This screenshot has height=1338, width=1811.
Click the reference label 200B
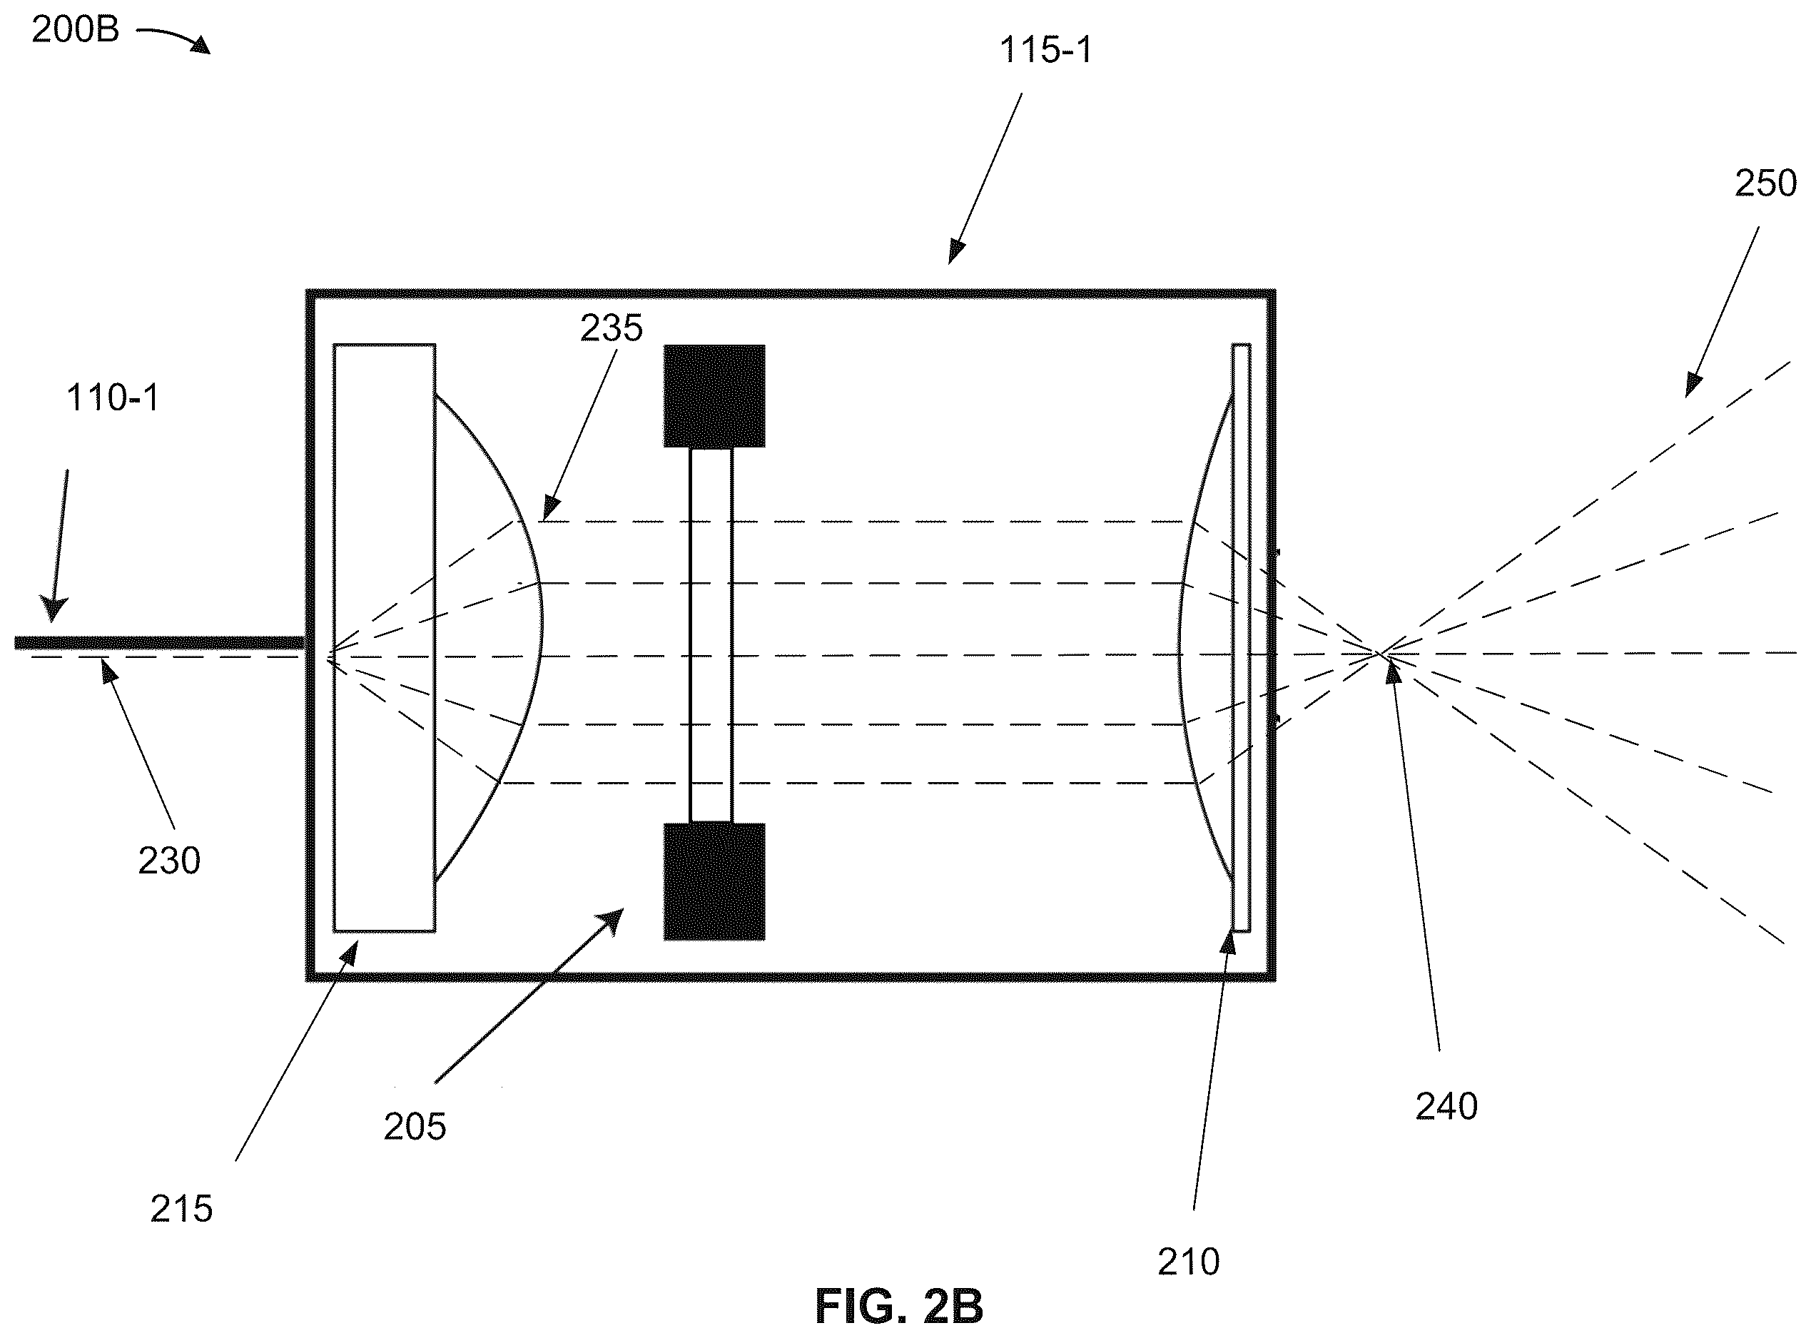tap(76, 30)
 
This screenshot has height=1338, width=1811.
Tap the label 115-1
tap(1045, 50)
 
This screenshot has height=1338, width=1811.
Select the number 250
tap(1765, 184)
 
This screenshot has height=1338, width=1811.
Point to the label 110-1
tap(113, 397)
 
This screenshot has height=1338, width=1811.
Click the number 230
tap(169, 861)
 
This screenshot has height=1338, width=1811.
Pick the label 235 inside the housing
tap(612, 328)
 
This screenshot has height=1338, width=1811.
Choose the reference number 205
tap(415, 1127)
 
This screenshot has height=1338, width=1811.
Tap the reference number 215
tap(181, 1210)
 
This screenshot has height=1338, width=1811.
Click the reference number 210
tap(1188, 1262)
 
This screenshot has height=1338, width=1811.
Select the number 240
tap(1446, 1106)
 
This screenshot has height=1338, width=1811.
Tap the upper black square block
tap(714, 396)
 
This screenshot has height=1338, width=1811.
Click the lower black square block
tap(714, 882)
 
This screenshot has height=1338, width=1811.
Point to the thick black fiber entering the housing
tap(160, 643)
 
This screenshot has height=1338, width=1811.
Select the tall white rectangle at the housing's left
tap(384, 638)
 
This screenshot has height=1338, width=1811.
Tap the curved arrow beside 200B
tap(173, 38)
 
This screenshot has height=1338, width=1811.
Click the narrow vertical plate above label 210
tap(1241, 638)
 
